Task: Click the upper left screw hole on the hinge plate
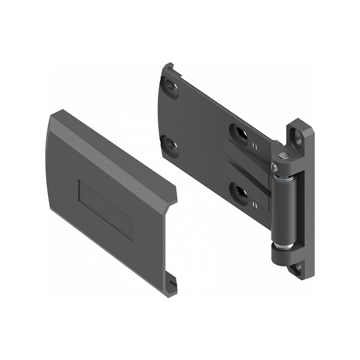pyautogui.click(x=171, y=85)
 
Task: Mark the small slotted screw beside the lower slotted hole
pyautogui.click(x=255, y=205)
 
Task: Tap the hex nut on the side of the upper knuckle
pyautogui.click(x=274, y=167)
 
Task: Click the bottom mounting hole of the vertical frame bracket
pyautogui.click(x=297, y=269)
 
